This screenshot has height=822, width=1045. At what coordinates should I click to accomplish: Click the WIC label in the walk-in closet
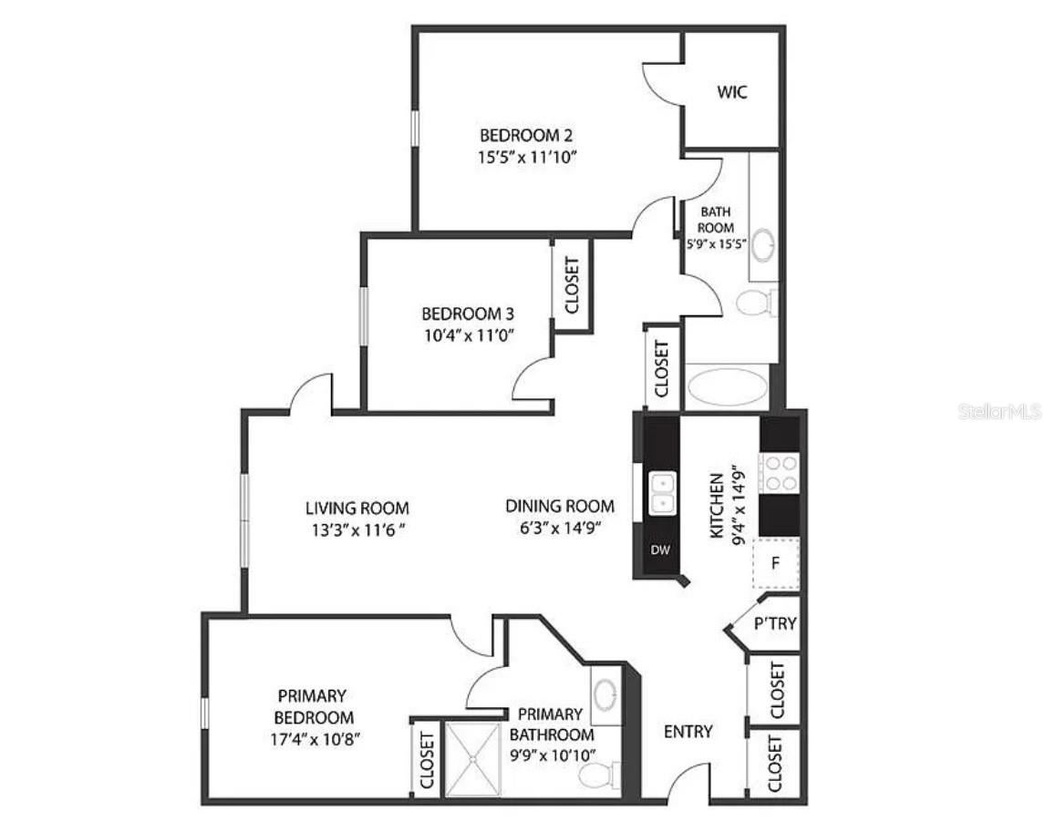click(732, 92)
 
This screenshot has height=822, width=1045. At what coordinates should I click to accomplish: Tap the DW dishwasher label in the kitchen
click(659, 550)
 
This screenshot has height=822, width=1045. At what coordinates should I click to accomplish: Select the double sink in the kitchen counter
click(662, 492)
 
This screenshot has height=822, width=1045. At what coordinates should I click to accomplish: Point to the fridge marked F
click(775, 562)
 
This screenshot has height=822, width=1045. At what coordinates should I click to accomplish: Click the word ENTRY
click(688, 731)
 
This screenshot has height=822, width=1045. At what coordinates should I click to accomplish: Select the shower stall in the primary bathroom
click(472, 760)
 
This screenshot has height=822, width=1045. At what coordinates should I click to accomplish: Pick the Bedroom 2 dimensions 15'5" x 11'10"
click(527, 157)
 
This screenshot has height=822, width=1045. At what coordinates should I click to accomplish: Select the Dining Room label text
click(560, 507)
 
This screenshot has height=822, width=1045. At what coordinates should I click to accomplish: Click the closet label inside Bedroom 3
click(572, 285)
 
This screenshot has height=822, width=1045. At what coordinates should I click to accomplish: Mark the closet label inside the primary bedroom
click(426, 760)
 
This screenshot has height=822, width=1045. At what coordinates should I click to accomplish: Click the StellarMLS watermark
click(998, 412)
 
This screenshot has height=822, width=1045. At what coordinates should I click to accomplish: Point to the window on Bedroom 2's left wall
click(414, 128)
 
